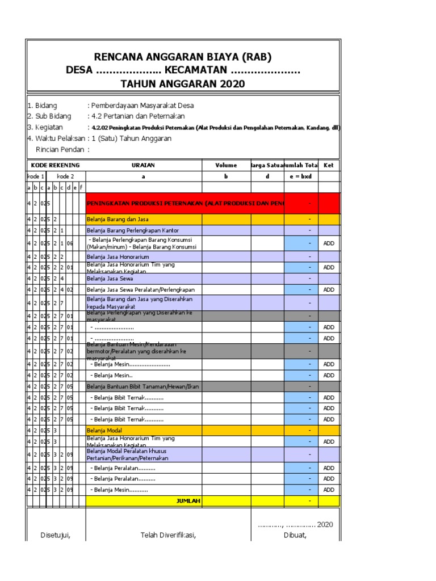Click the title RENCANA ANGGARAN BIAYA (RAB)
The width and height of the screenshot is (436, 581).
[183, 57]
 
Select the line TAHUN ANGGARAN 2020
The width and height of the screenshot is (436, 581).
[183, 84]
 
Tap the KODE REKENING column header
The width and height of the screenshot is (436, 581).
[56, 165]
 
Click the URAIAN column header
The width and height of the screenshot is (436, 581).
[144, 165]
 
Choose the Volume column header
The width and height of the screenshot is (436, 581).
[227, 165]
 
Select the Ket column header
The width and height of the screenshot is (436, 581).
[329, 165]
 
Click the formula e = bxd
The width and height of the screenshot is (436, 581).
[301, 176]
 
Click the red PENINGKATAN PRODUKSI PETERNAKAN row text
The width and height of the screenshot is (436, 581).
[185, 203]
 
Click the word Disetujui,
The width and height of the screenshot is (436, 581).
[55, 535]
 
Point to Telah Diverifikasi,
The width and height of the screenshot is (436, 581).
[168, 535]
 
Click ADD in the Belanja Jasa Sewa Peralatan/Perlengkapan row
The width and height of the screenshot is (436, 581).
[329, 289]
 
